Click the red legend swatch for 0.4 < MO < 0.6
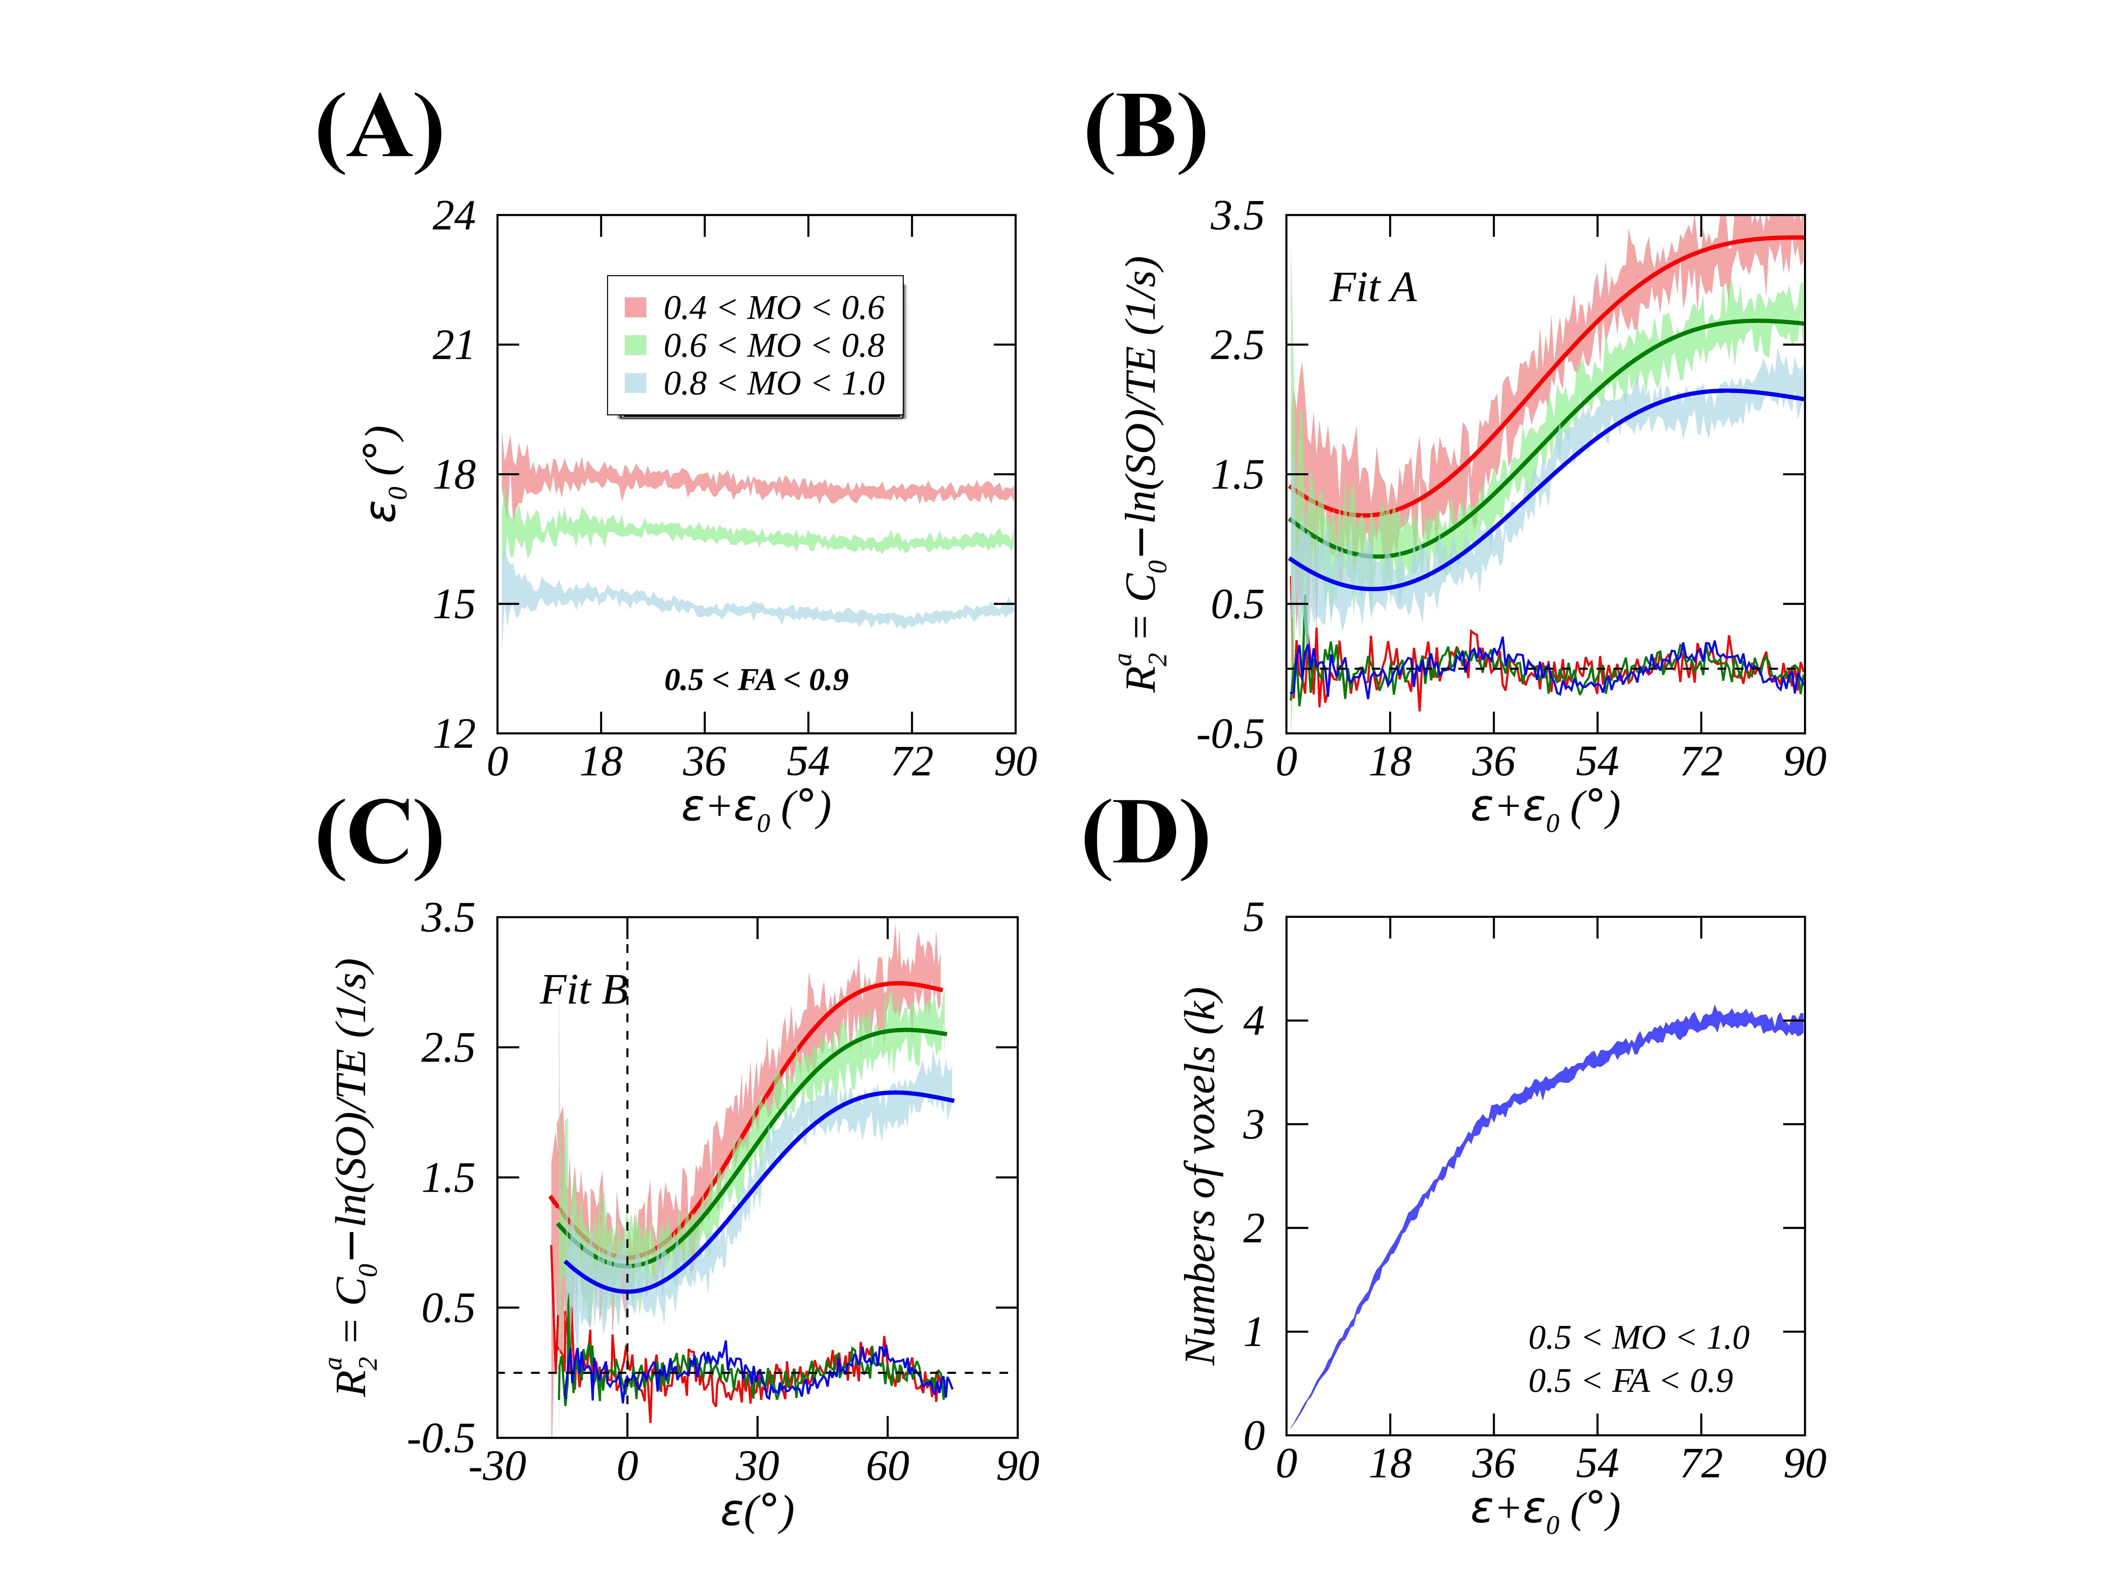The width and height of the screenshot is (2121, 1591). coord(635,307)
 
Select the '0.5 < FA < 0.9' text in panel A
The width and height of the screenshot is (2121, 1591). coord(757,680)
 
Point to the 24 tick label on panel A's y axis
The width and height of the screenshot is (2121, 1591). coord(454,217)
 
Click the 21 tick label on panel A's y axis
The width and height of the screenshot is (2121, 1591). coord(454,345)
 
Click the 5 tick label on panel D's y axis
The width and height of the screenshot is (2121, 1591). coord(1253,919)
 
